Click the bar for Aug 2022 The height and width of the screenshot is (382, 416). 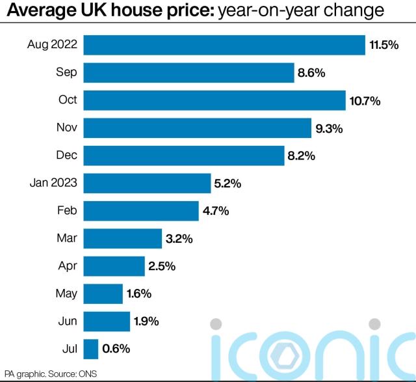click(x=224, y=45)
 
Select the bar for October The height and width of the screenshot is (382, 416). click(x=214, y=100)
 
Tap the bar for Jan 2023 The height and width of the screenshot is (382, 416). click(x=148, y=184)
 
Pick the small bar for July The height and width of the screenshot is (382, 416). click(x=91, y=349)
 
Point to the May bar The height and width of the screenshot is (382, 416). click(x=103, y=293)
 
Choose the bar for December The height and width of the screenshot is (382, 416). click(x=190, y=156)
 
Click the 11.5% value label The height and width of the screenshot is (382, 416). click(x=383, y=46)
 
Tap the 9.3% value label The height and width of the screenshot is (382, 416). click(x=329, y=129)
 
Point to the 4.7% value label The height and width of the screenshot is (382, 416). click(x=216, y=211)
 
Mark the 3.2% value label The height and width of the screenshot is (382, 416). click(x=179, y=239)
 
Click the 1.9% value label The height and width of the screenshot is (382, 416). click(x=147, y=321)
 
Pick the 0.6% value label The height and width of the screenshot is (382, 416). click(x=116, y=349)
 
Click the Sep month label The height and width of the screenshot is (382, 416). click(x=66, y=72)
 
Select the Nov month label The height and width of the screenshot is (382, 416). click(x=66, y=128)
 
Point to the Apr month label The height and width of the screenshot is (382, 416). click(x=67, y=266)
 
